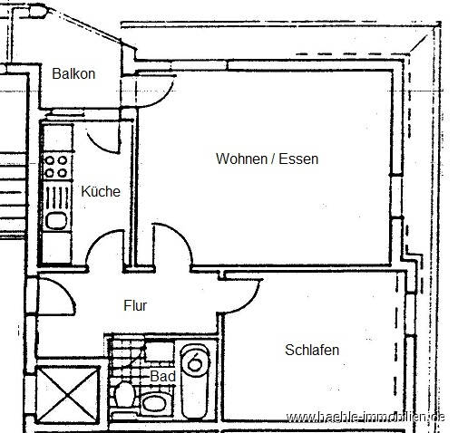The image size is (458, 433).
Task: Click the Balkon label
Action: click(73, 73)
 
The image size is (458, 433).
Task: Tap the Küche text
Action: click(100, 192)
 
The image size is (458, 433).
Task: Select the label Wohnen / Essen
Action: click(267, 159)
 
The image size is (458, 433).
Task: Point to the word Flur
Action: click(135, 305)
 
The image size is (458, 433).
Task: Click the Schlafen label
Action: click(312, 350)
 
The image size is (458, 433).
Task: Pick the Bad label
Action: click(162, 375)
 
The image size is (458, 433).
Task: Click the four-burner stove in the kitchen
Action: click(56, 167)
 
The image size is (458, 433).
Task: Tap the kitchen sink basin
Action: click(55, 220)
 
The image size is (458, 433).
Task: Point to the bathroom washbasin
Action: click(155, 401)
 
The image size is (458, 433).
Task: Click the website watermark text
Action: click(365, 417)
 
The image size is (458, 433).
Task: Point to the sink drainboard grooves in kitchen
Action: click(55, 195)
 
